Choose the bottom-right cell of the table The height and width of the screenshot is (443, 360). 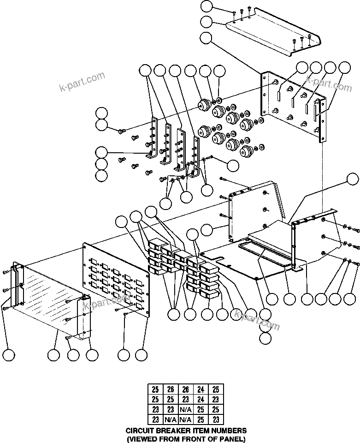[216, 420]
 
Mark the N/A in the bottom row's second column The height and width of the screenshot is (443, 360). [171, 420]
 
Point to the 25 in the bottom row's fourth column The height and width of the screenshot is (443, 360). [201, 420]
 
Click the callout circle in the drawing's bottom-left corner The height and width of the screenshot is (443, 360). [8, 355]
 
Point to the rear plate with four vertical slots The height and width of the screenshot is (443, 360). [295, 104]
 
